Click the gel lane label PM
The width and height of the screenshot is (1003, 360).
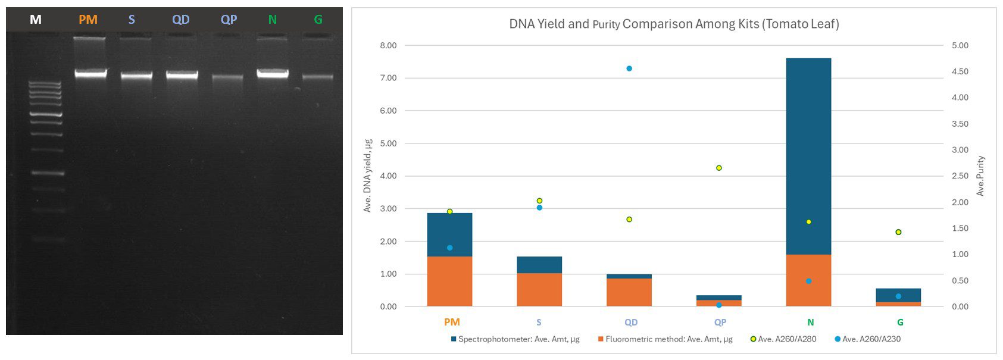[88, 20]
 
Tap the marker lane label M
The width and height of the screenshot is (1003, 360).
[36, 20]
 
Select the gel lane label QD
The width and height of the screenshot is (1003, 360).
[181, 20]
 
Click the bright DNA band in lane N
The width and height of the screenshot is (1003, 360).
[273, 73]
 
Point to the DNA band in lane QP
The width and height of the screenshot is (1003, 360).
[228, 77]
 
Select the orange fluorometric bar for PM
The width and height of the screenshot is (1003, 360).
[449, 281]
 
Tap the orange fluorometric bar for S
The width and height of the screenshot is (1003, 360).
[539, 290]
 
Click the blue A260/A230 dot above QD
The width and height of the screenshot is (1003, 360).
[629, 68]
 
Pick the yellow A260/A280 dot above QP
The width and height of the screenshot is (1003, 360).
[719, 168]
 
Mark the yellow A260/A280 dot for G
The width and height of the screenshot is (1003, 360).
[898, 232]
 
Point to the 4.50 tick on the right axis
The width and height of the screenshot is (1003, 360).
[960, 71]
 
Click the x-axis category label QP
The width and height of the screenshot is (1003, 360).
[720, 323]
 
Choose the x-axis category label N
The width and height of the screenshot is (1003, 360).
[810, 323]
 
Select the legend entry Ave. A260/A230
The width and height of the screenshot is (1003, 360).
[871, 339]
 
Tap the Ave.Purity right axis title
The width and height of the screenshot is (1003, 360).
[980, 176]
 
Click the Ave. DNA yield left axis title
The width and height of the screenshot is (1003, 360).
[368, 176]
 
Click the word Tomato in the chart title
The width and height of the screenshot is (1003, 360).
[777, 24]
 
